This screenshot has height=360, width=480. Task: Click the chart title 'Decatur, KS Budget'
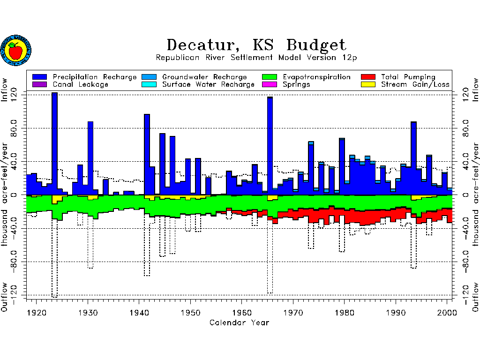coord(256,45)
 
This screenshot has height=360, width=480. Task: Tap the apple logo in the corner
coord(16,50)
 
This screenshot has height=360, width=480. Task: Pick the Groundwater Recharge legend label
coord(204,77)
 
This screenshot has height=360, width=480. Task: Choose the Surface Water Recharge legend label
coord(208,84)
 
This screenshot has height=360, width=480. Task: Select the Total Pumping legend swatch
coord(368,77)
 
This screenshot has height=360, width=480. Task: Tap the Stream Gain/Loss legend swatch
coord(368,84)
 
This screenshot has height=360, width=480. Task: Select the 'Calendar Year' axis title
coord(239,322)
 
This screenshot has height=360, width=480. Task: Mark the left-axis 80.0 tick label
coord(6,128)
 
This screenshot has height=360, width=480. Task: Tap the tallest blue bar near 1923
coord(54,141)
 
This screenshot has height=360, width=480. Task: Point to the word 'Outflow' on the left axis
coord(6,297)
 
